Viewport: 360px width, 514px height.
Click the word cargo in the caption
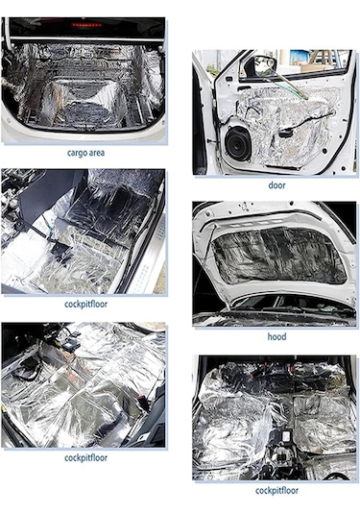[x=76, y=153]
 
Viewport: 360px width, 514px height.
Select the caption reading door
[x=276, y=185]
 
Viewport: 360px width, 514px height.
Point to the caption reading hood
[x=276, y=336]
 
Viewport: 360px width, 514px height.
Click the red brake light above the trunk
[x=87, y=25]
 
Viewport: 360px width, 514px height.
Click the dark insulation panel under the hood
[x=278, y=255]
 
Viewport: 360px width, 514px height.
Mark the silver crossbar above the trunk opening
[x=86, y=40]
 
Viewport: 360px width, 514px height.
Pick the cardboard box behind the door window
[x=317, y=68]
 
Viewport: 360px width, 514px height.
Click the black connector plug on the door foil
[x=286, y=134]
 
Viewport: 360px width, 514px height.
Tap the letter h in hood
[x=270, y=336]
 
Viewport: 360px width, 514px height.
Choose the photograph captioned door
[x=275, y=112]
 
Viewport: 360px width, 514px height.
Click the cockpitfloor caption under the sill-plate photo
[x=85, y=305]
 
